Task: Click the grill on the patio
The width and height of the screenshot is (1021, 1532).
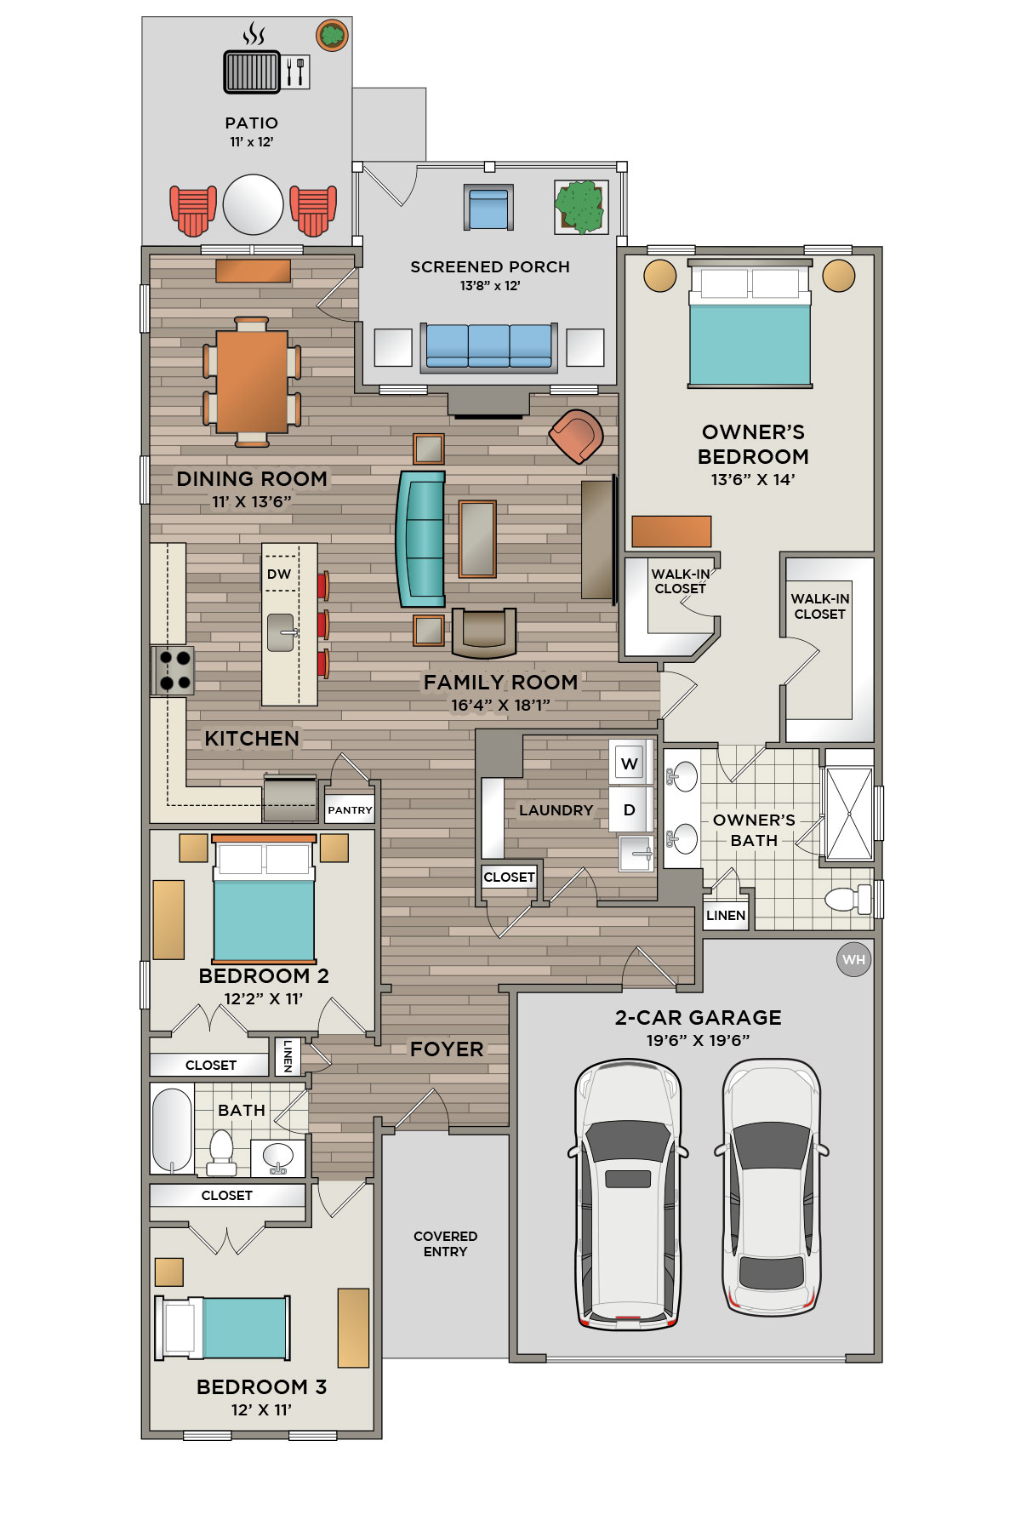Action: point(252,71)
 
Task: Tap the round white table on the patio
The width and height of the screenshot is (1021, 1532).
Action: point(253,204)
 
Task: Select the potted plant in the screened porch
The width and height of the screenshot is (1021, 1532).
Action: point(580,207)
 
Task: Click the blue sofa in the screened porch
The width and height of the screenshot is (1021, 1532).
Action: point(489,347)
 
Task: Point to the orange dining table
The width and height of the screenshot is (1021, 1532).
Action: point(252,381)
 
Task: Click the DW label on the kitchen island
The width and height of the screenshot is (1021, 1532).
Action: point(279,574)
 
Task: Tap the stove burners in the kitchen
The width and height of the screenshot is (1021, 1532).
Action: point(174,670)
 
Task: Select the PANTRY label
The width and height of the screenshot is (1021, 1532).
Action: point(350,810)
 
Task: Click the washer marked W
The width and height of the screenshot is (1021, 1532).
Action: point(630,763)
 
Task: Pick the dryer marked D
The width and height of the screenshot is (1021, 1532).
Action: point(630,809)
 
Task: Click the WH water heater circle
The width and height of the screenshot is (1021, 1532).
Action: point(853,960)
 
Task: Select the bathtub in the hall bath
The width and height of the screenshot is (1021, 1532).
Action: point(173,1130)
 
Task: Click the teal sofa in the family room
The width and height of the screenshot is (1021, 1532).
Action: point(421,539)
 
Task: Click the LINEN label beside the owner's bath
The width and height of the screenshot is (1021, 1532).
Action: point(726,916)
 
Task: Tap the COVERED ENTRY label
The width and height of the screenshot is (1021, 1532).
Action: point(445,1243)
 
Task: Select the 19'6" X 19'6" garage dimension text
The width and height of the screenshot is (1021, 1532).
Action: point(698,1040)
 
